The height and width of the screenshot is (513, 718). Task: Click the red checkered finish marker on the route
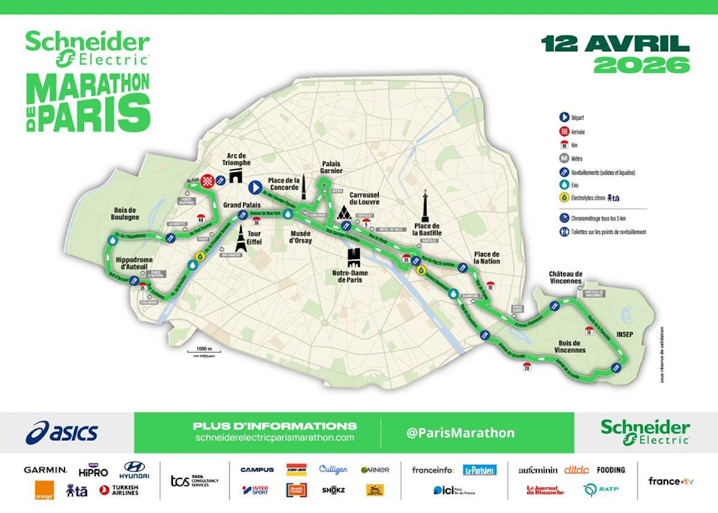click(207, 181)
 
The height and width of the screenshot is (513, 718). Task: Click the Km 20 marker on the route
click(526, 368)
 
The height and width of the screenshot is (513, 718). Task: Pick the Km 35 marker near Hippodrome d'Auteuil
click(143, 287)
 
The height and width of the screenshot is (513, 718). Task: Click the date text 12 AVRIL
click(615, 44)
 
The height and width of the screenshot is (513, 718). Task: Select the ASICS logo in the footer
click(62, 432)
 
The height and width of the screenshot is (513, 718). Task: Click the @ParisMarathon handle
click(460, 432)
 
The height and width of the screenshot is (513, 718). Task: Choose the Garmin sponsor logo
click(45, 470)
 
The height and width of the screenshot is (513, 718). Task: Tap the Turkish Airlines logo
click(119, 490)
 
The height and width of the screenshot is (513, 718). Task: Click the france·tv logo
click(671, 481)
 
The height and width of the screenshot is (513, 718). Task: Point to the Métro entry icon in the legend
click(564, 159)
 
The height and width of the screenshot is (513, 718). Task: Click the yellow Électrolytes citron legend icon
click(564, 197)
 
